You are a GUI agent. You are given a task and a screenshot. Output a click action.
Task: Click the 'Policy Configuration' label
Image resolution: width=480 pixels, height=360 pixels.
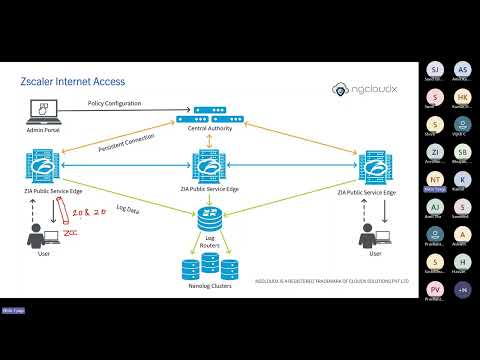pos(115,103)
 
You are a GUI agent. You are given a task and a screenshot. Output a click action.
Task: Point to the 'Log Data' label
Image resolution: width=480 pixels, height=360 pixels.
pos(128,208)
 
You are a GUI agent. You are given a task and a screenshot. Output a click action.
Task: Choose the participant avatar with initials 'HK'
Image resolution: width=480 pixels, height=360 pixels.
pos(461,97)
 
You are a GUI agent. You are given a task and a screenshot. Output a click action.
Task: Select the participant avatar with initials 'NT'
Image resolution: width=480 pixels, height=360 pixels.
pos(434,179)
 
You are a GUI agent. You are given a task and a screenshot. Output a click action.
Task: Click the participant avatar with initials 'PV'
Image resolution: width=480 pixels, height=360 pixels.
pos(434,289)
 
